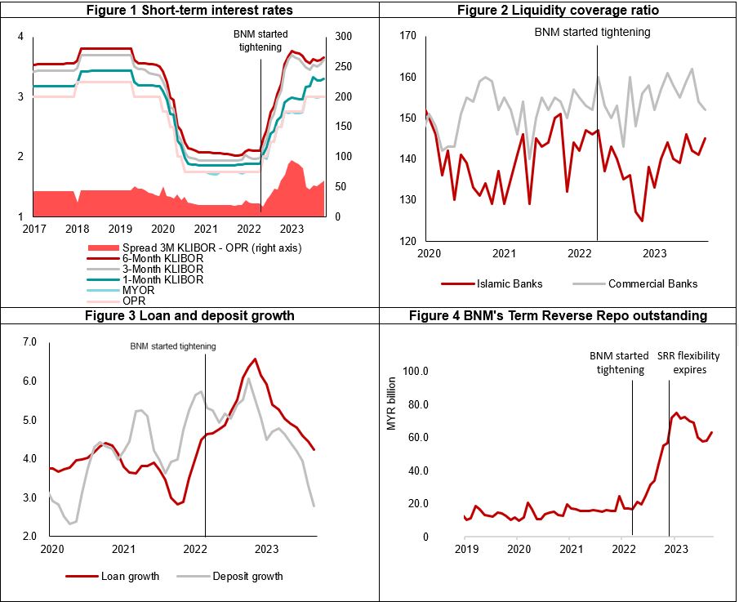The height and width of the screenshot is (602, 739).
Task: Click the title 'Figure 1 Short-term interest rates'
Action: pyautogui.click(x=190, y=9)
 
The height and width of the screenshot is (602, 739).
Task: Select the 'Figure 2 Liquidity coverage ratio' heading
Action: pyautogui.click(x=559, y=9)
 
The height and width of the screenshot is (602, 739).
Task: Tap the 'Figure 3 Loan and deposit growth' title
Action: pyautogui.click(x=190, y=315)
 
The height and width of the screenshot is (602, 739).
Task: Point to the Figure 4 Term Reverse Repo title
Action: pyautogui.click(x=559, y=315)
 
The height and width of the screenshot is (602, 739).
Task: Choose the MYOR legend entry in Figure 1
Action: pyautogui.click(x=135, y=290)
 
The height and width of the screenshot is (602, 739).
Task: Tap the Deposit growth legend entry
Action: pyautogui.click(x=246, y=576)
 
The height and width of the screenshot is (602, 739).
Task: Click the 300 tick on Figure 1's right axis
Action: pyautogui.click(x=343, y=37)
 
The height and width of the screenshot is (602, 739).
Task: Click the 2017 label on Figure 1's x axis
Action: pyautogui.click(x=33, y=230)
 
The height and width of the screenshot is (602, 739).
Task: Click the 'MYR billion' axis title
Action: pyautogui.click(x=390, y=404)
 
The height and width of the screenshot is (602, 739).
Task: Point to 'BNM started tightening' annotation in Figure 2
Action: pyautogui.click(x=593, y=33)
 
